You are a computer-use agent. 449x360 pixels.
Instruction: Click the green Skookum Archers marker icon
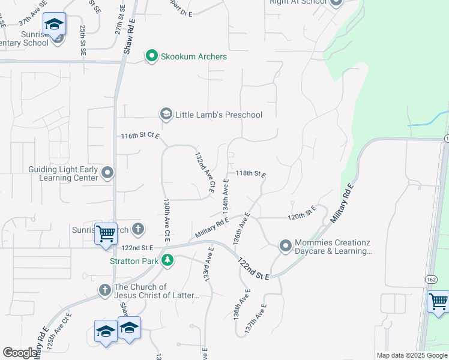[152, 56]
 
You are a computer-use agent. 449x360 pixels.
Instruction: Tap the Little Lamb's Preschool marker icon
[166, 114]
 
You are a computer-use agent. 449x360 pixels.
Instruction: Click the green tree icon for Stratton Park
[169, 260]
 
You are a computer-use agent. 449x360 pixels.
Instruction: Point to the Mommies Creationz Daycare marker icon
[285, 246]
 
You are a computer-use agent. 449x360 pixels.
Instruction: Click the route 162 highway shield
[431, 280]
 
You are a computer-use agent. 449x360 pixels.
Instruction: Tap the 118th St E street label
[250, 173]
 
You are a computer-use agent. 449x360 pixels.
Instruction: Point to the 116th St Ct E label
[140, 136]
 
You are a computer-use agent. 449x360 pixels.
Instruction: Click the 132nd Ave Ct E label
[204, 172]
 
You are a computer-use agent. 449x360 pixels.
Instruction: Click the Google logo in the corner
[20, 353]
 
